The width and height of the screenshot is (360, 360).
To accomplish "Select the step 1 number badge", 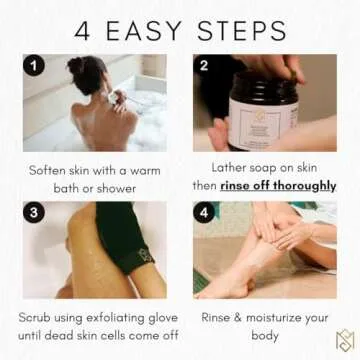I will (34, 66).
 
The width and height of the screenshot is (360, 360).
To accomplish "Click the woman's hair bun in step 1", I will (77, 69).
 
